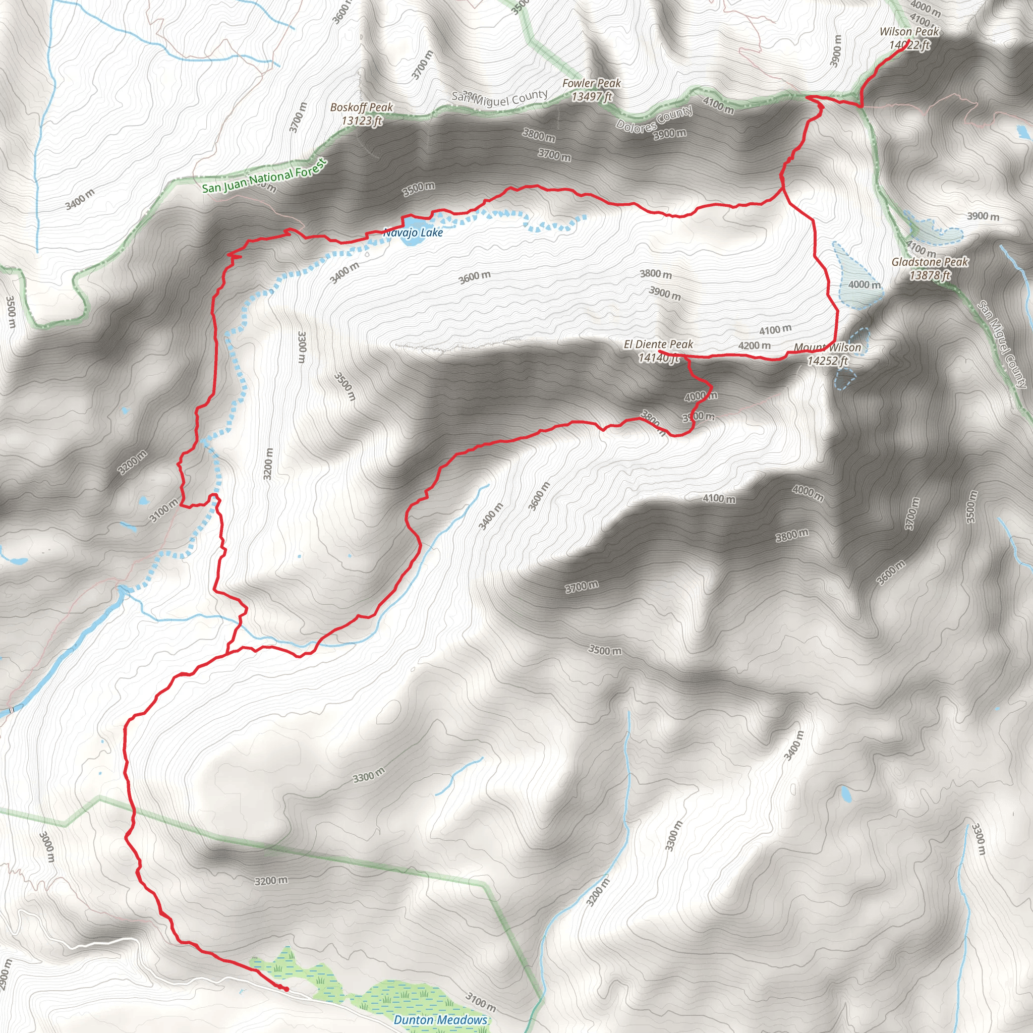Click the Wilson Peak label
(909, 32)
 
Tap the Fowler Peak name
(591, 83)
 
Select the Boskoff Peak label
(362, 107)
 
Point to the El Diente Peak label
(658, 345)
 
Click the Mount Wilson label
(827, 348)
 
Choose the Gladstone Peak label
(930, 262)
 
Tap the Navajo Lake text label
(413, 233)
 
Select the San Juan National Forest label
(264, 176)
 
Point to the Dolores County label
(654, 119)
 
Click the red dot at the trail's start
(286, 989)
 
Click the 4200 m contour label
(755, 346)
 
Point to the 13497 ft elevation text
(591, 97)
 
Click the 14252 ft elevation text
(827, 361)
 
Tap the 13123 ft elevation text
(362, 121)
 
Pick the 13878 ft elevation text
(930, 275)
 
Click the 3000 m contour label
(47, 846)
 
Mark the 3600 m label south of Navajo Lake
(474, 277)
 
